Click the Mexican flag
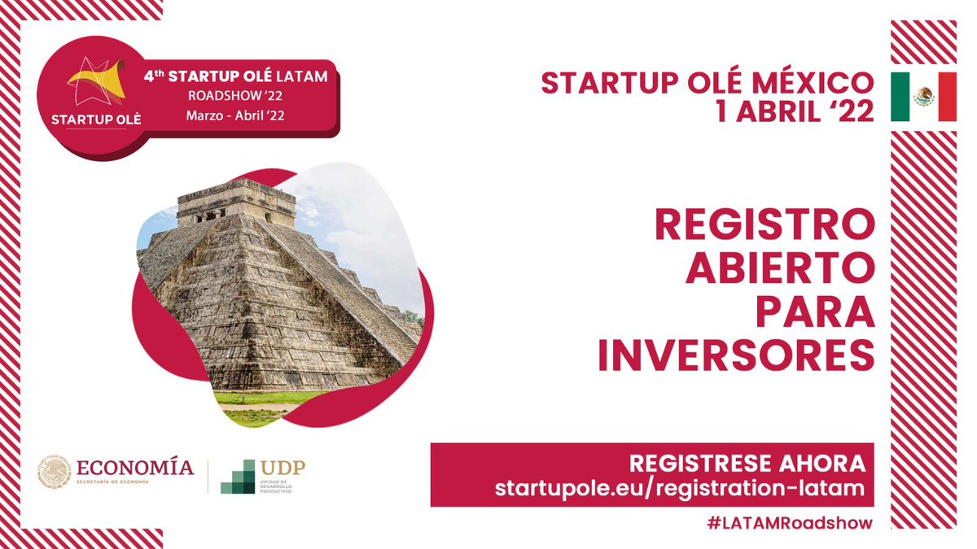click(x=923, y=97)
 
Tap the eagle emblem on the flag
click(x=924, y=96)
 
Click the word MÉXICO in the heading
click(x=813, y=83)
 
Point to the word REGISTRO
click(x=765, y=224)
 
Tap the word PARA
click(x=816, y=312)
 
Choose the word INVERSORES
click(x=736, y=355)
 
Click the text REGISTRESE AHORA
click(x=747, y=464)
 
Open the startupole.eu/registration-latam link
click(x=680, y=488)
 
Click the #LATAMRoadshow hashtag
click(x=790, y=523)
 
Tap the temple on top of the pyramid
click(x=236, y=203)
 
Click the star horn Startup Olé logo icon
click(x=96, y=81)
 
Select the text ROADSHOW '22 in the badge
click(x=235, y=95)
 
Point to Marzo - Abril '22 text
click(x=235, y=115)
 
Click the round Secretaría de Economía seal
click(x=54, y=472)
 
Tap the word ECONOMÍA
click(x=135, y=468)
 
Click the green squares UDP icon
click(x=238, y=477)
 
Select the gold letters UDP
click(x=283, y=468)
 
